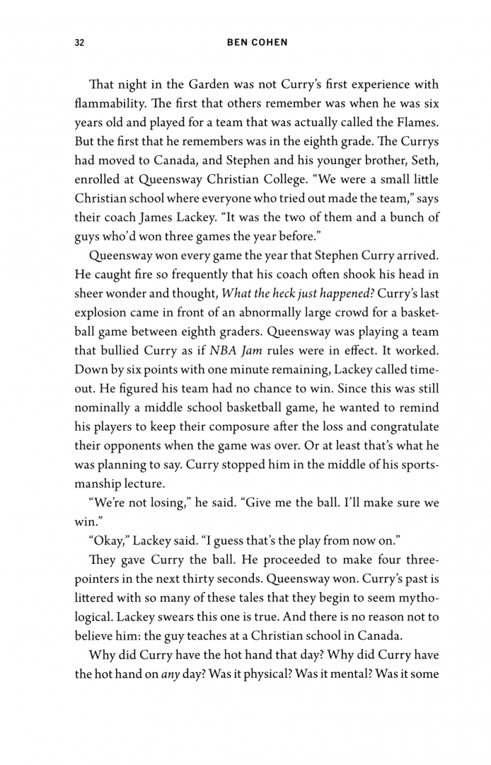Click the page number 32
pos(79,42)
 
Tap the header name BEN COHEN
pos(258,42)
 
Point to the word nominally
pos(103,408)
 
